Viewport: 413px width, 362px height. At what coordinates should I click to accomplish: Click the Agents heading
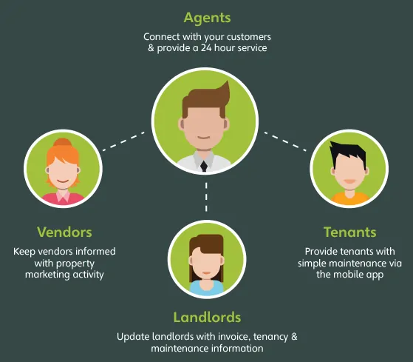click(207, 19)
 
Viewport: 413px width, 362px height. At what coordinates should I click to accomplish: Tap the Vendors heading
click(64, 232)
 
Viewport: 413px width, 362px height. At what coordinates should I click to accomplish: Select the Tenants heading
click(349, 232)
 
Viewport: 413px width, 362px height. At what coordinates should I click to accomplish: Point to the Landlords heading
click(207, 317)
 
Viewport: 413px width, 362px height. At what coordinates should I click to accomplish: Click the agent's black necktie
click(204, 167)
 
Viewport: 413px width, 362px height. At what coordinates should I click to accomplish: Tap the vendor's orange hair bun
click(62, 142)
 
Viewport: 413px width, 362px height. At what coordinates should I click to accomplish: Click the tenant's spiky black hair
click(348, 153)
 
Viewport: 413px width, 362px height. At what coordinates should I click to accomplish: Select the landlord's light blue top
click(207, 288)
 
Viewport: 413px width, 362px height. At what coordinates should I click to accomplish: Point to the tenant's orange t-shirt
click(349, 198)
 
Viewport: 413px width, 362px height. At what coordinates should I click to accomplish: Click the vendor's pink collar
click(64, 195)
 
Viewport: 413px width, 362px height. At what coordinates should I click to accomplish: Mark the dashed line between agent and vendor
click(123, 141)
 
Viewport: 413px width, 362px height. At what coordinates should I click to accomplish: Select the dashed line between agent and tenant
click(285, 141)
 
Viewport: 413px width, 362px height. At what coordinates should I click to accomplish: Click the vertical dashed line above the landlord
click(206, 197)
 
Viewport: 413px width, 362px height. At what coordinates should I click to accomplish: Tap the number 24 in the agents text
click(206, 48)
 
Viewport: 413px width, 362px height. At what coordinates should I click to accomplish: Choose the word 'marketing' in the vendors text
click(48, 275)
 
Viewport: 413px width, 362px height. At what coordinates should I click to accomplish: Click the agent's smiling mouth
click(204, 138)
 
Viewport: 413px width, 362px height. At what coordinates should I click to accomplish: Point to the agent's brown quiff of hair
click(206, 99)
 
